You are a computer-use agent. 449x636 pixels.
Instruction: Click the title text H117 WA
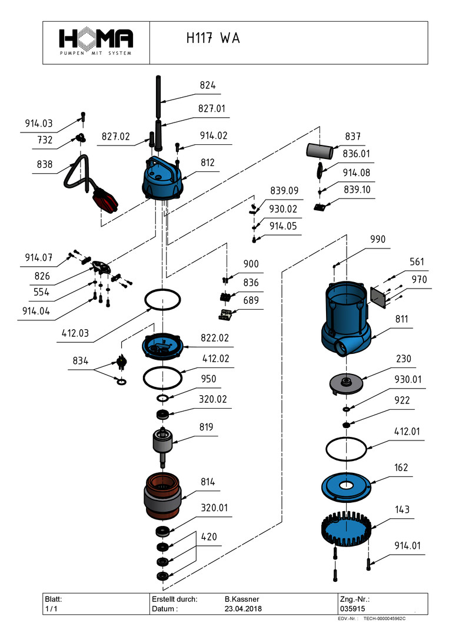(212, 38)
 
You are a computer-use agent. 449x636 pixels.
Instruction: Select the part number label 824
(208, 85)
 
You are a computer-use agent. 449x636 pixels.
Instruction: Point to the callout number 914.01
(408, 545)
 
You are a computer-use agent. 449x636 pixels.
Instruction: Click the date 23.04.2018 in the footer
(243, 608)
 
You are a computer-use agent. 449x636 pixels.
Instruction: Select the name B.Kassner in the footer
(243, 598)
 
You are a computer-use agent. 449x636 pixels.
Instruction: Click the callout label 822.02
(215, 338)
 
